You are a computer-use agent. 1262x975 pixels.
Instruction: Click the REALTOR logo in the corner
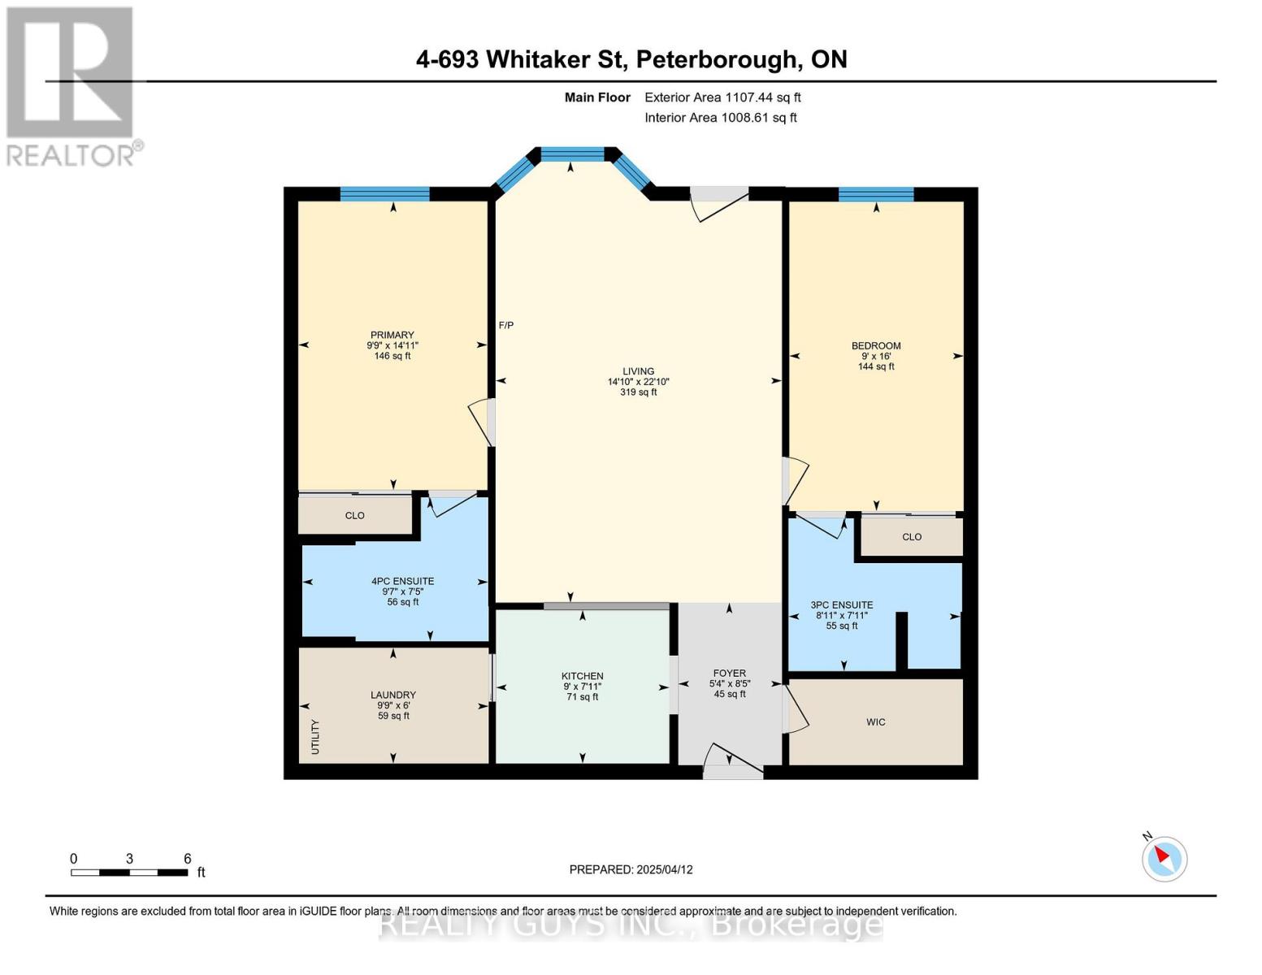tap(71, 85)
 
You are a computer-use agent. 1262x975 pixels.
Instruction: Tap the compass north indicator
tap(1164, 858)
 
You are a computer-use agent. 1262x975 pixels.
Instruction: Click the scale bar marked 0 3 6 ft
tap(130, 872)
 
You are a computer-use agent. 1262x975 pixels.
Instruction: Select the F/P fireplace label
tap(505, 325)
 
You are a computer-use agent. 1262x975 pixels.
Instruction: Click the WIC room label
tap(875, 721)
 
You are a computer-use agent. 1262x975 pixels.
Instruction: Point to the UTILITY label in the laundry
tap(315, 736)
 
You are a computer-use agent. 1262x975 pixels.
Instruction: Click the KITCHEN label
tap(582, 676)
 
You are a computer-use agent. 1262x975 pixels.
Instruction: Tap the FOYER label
tap(729, 673)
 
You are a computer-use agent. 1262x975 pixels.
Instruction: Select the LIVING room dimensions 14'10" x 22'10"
tap(638, 382)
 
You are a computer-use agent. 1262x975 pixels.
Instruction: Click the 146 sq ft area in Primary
tap(392, 356)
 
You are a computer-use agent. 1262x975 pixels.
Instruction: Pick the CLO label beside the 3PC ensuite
tap(911, 536)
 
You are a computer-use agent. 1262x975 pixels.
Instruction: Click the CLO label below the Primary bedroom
tap(354, 515)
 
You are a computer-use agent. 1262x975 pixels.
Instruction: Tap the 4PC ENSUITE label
tap(402, 581)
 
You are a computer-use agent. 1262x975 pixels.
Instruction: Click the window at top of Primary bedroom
tap(384, 193)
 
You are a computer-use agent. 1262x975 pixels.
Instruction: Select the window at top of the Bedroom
tap(875, 194)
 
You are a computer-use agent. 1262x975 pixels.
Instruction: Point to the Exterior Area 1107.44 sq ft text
tap(722, 97)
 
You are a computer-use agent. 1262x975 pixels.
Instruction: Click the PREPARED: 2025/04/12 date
tap(631, 869)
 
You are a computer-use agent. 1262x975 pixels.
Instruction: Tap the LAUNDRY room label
tap(393, 695)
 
